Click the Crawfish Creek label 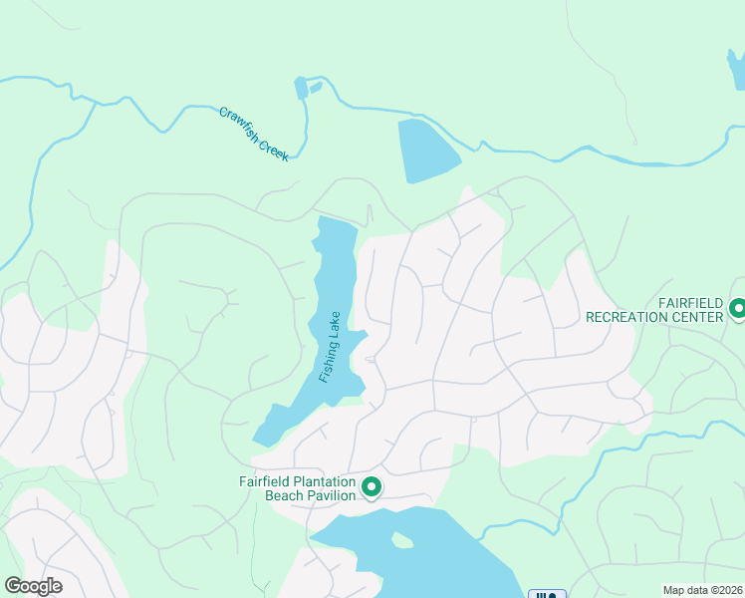[x=254, y=135]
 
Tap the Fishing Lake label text [x=331, y=346]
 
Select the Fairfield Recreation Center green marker [x=737, y=309]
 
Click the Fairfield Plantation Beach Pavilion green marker [x=372, y=487]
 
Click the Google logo [x=32, y=586]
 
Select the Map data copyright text [x=702, y=590]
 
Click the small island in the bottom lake [x=401, y=540]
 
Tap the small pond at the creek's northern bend [x=301, y=89]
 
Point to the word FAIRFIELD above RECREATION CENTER [x=695, y=302]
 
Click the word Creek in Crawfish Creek [x=272, y=149]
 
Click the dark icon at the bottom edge [x=546, y=594]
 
